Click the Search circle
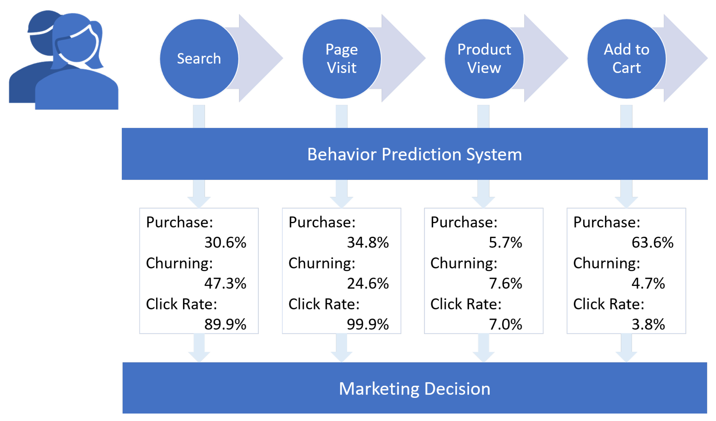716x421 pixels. click(x=199, y=59)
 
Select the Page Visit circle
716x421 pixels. click(x=342, y=59)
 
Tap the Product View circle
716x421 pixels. click(x=484, y=59)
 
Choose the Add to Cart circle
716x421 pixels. click(x=627, y=59)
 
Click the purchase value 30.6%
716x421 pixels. click(x=225, y=242)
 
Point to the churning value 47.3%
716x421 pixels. click(x=225, y=283)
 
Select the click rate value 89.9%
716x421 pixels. click(x=225, y=324)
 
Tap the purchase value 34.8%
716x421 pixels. click(x=368, y=242)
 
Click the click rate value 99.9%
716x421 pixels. click(x=368, y=324)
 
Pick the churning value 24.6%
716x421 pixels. click(x=368, y=283)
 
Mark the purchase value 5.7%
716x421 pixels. click(x=505, y=242)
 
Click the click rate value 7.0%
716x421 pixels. click(x=505, y=324)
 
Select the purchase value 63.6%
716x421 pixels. click(x=653, y=242)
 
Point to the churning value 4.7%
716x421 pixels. click(x=648, y=283)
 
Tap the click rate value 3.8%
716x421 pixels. click(x=648, y=324)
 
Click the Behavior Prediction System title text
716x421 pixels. click(x=415, y=154)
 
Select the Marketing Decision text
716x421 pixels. click(x=415, y=389)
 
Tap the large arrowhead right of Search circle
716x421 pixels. click(x=261, y=58)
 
